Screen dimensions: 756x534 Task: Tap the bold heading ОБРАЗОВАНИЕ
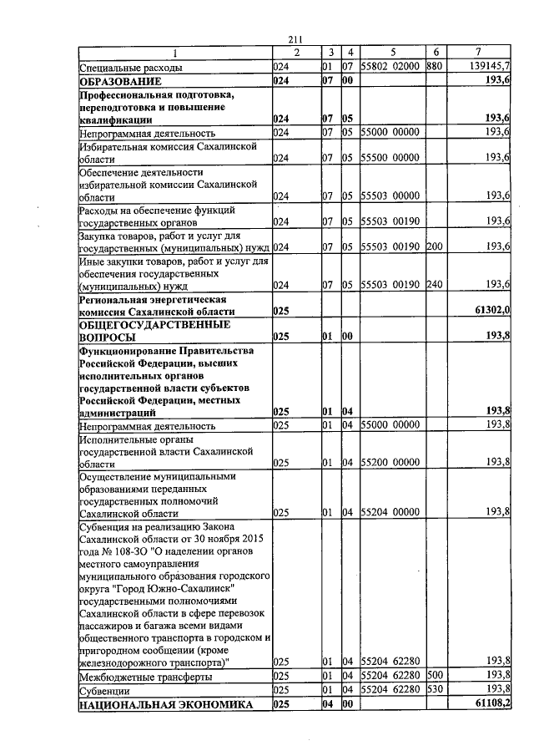pyautogui.click(x=120, y=82)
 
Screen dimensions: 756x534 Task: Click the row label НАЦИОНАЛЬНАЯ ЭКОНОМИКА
pyautogui.click(x=165, y=706)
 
